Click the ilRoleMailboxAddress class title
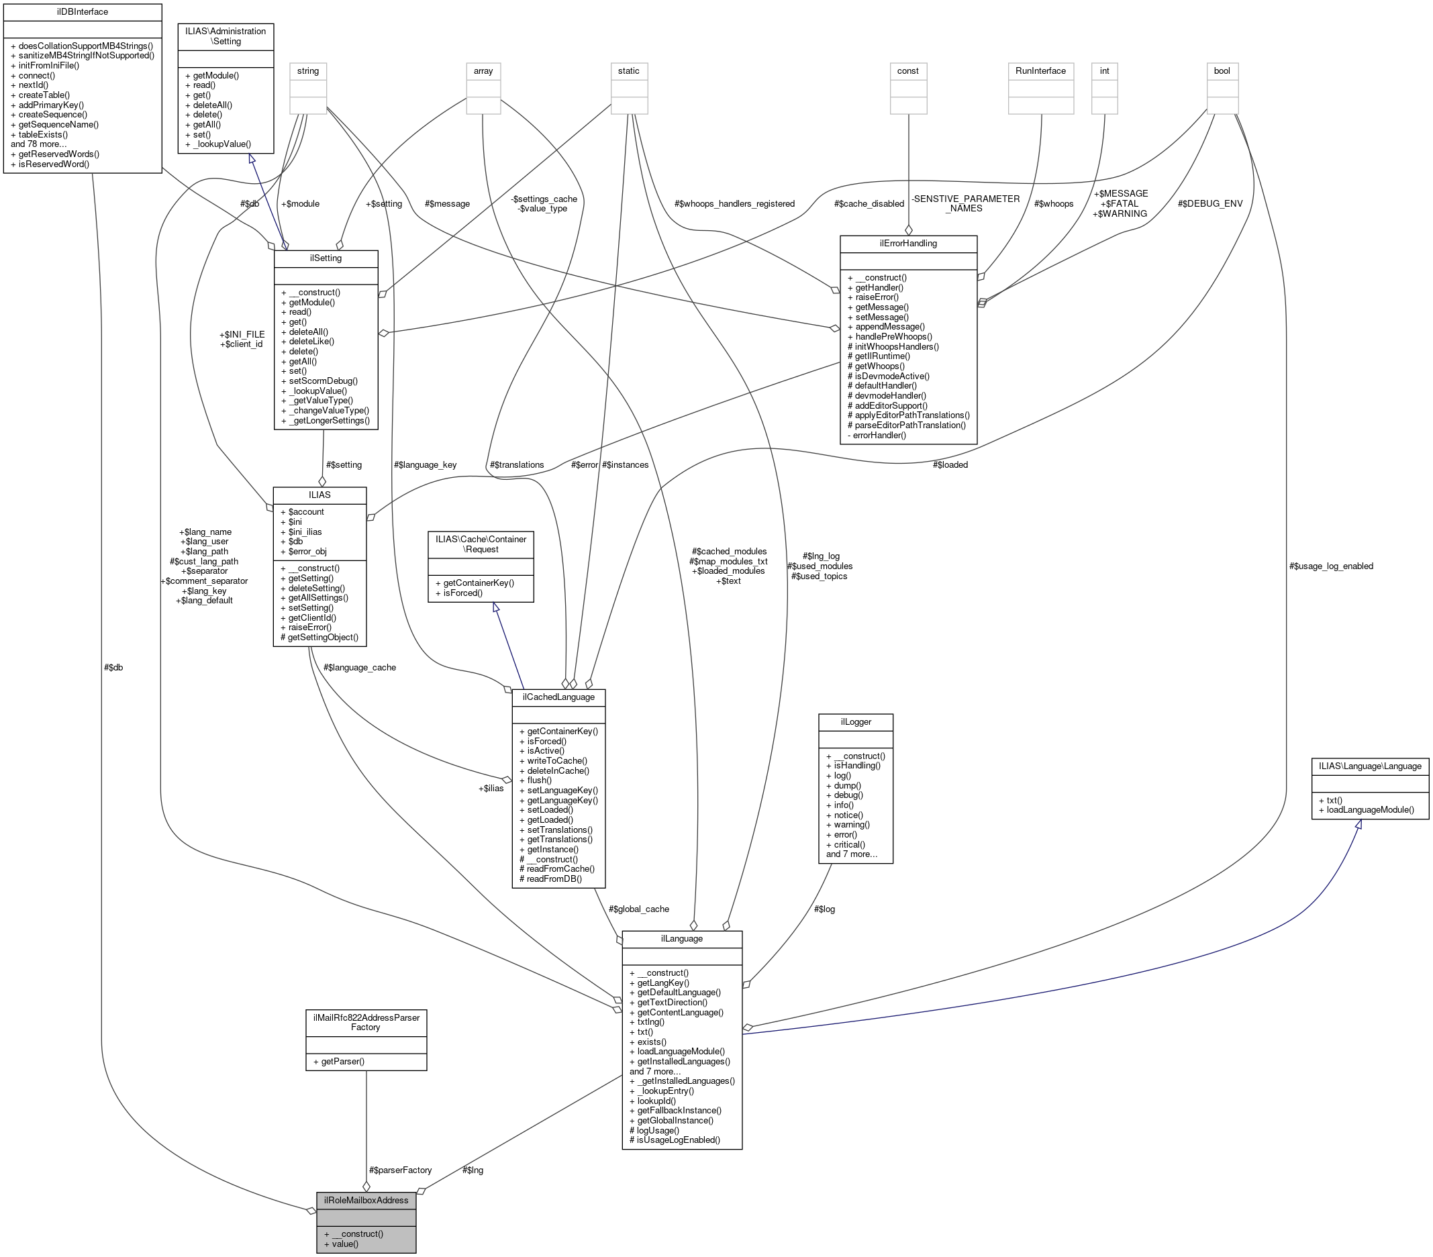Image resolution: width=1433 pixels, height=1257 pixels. pos(366,1199)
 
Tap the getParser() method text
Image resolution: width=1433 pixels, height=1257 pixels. pos(343,1061)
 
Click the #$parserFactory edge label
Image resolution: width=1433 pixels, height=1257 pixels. pos(400,1169)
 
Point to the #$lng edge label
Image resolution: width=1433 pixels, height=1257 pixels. pos(473,1169)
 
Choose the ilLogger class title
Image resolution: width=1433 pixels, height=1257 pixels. pos(855,721)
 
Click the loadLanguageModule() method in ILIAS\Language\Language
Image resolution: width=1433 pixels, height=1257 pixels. pos(1371,810)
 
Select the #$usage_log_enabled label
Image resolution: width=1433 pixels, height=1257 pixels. pos(1330,566)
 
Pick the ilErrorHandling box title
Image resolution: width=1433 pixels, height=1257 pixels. pos(908,243)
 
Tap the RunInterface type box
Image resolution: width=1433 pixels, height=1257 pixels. pos(1040,71)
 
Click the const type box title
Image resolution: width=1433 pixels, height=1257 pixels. pos(908,71)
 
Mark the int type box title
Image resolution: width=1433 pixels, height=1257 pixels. pos(1104,71)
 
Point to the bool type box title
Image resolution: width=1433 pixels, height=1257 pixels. pos(1222,71)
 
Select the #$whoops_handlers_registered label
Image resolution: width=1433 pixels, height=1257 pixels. pos(734,203)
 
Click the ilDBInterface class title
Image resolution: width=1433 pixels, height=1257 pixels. pos(82,12)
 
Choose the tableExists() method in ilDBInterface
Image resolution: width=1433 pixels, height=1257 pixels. pos(44,134)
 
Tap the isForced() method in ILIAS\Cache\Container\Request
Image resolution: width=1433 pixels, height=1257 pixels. pos(458,593)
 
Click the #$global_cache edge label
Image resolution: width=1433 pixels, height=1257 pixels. pos(639,909)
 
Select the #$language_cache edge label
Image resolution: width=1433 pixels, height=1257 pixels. pos(360,667)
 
